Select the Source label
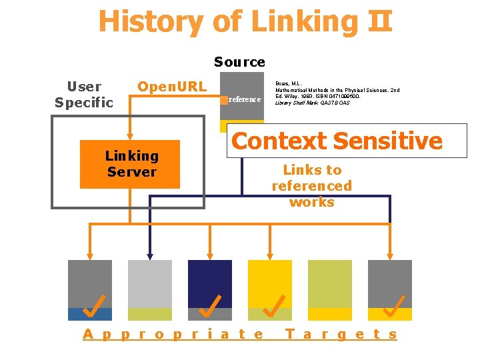click(x=239, y=62)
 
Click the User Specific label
click(x=84, y=94)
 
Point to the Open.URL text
click(x=172, y=87)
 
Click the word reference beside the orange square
click(x=245, y=99)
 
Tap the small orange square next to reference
click(x=224, y=100)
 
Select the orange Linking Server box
click(x=130, y=164)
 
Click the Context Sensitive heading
click(x=337, y=141)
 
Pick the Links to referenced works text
click(x=311, y=185)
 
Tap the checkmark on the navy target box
click(x=210, y=305)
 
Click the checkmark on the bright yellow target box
click(x=271, y=305)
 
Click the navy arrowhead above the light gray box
click(x=150, y=254)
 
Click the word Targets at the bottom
click(x=341, y=335)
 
